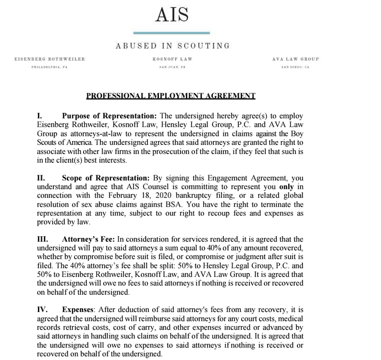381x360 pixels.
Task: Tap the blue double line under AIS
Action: pos(172,32)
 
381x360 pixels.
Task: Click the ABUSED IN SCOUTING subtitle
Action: pos(172,46)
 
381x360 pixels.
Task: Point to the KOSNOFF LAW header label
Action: pos(172,59)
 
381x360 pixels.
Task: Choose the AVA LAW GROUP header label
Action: pos(295,59)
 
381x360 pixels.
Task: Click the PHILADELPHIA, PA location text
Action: pos(50,67)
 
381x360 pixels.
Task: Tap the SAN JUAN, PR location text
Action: pos(172,67)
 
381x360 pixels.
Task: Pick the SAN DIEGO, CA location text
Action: pos(295,67)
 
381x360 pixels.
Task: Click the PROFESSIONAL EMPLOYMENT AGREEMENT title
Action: pos(171,96)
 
